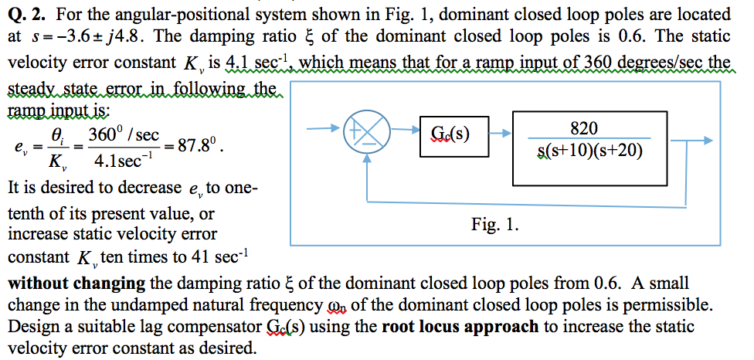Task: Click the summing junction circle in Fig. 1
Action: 360,134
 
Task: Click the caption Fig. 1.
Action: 494,226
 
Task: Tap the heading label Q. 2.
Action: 27,14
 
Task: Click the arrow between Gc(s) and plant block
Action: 500,133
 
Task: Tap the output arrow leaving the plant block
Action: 681,141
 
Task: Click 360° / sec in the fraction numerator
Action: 124,133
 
